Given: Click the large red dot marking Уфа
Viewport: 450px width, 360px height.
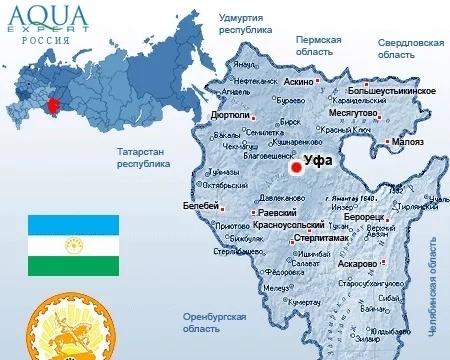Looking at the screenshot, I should coord(296,168).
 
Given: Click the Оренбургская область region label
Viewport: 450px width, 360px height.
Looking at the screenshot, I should coord(214,322).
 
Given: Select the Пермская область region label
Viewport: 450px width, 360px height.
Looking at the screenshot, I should coord(318,45).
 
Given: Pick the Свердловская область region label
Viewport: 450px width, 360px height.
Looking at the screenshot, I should coord(410,50).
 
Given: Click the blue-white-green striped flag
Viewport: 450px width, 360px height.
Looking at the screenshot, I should coord(73,246).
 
